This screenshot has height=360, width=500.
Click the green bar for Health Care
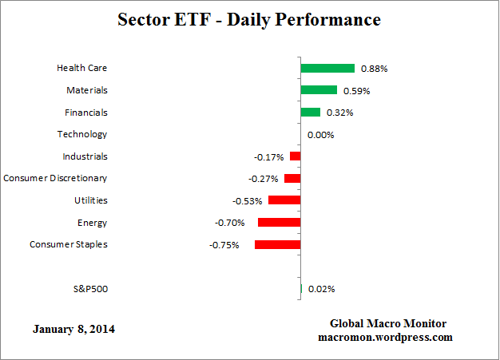click(327, 69)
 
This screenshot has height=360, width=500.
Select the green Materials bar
click(319, 90)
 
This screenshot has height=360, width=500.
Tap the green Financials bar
click(311, 113)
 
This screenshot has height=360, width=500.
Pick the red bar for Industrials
click(296, 156)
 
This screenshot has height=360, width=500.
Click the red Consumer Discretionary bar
click(292, 179)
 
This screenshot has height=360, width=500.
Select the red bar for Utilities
click(284, 200)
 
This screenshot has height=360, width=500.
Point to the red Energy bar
click(279, 223)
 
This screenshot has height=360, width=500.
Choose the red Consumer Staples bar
click(278, 244)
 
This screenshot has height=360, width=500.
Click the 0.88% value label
click(374, 69)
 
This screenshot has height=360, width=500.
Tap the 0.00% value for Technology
click(320, 135)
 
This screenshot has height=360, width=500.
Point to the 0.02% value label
click(321, 289)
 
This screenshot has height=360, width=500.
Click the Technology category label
click(81, 134)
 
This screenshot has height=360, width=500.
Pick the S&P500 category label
click(89, 288)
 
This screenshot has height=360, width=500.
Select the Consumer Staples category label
click(69, 244)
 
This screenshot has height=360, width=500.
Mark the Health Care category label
click(81, 69)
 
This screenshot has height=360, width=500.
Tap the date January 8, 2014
click(74, 329)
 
